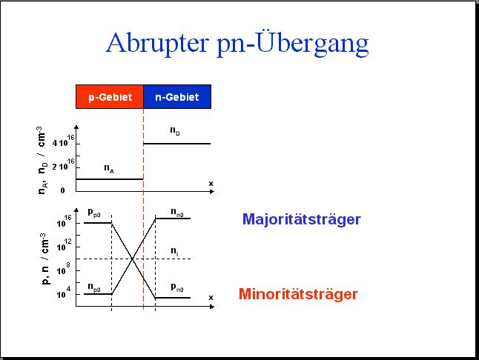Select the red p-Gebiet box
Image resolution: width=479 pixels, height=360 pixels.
(110, 97)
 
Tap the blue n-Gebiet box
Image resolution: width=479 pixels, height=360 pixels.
(177, 97)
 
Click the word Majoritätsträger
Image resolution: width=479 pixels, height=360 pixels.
(302, 219)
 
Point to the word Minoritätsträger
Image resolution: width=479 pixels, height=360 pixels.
(298, 294)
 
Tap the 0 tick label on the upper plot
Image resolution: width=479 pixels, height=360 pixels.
(62, 190)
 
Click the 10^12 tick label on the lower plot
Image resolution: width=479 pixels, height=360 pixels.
(65, 245)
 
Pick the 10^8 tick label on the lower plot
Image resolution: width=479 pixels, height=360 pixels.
(64, 269)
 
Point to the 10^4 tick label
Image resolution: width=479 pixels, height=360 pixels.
(64, 293)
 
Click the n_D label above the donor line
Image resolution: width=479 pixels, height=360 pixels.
(175, 131)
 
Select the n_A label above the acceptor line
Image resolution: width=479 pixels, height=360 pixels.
(109, 168)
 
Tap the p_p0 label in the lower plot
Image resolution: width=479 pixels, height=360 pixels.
(93, 213)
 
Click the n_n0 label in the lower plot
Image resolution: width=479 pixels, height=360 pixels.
(177, 212)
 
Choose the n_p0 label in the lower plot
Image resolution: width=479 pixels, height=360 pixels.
(94, 287)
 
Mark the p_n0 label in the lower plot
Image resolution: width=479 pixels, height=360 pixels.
(177, 287)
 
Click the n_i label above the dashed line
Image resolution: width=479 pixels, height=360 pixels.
(174, 251)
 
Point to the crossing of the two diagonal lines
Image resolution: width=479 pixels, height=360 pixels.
(133, 259)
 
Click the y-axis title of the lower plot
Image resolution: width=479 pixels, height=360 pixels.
(45, 259)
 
